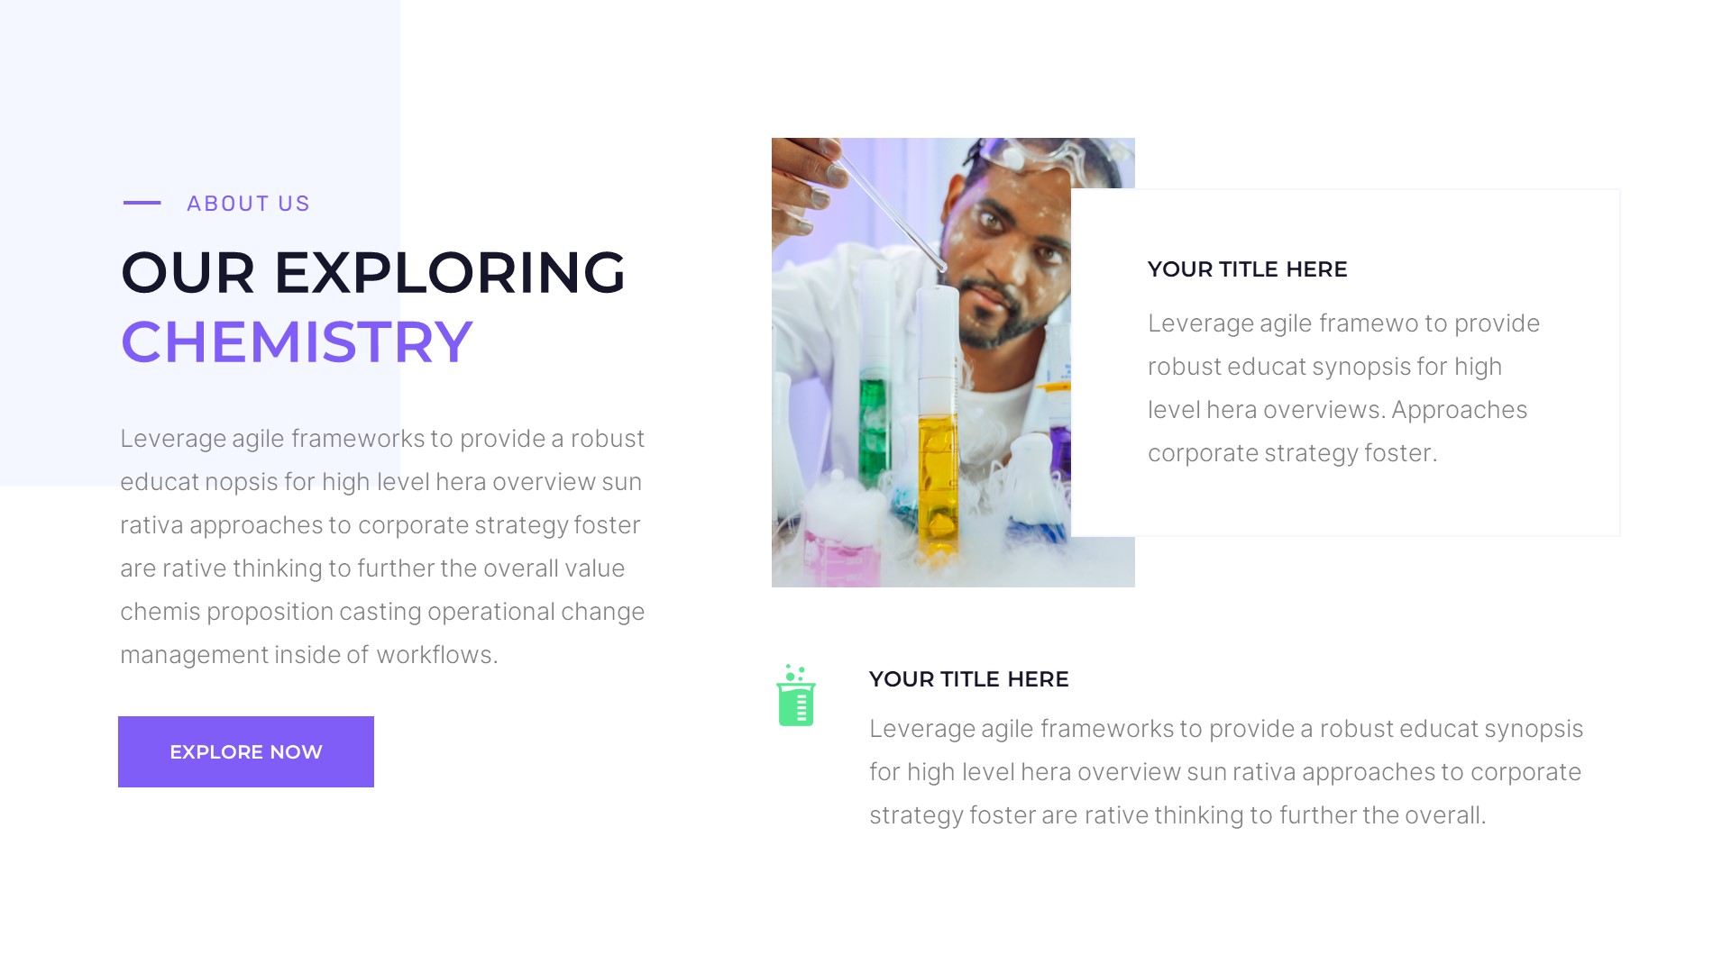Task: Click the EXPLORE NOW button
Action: pos(245,751)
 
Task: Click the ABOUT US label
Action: pos(248,204)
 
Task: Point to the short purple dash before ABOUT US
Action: pos(142,203)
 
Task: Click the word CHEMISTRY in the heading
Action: pos(297,342)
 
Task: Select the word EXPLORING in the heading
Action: pos(449,272)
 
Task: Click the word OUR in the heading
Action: pos(188,272)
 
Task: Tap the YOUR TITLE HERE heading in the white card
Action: pos(1247,269)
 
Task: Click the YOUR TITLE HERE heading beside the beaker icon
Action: pos(968,679)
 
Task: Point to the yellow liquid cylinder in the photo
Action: pos(938,477)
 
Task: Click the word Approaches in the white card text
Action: pos(1459,410)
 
